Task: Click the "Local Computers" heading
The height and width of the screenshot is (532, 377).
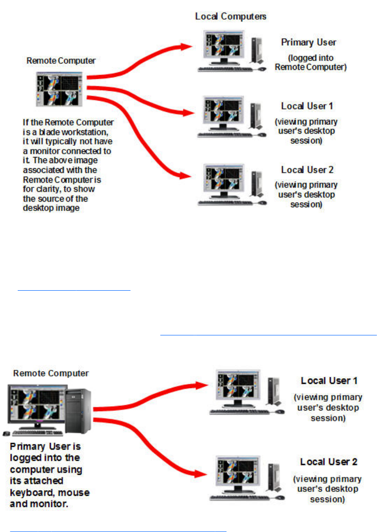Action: (x=231, y=17)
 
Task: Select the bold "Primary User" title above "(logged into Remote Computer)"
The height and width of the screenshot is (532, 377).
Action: (x=308, y=42)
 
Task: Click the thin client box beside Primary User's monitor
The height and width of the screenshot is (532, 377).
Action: (x=254, y=48)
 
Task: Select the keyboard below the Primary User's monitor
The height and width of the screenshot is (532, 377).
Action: (x=226, y=69)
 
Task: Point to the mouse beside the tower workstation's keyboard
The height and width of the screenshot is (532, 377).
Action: (x=7, y=433)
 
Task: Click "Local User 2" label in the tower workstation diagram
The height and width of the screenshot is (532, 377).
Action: (x=329, y=462)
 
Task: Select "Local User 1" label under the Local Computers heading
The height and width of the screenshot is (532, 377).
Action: (x=307, y=106)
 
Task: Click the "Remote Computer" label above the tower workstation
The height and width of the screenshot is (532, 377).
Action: (x=51, y=373)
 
